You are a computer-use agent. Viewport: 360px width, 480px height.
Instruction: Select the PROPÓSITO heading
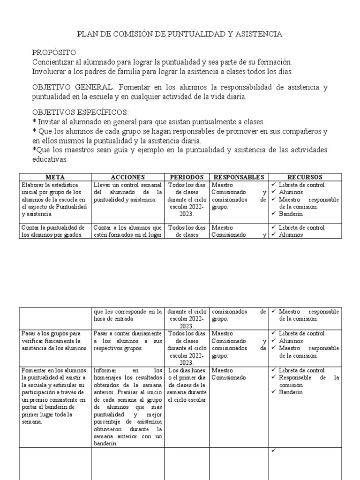tap(53, 52)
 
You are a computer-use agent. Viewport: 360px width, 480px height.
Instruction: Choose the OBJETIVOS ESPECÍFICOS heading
tap(80, 112)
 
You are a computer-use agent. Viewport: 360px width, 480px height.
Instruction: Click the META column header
tap(55, 177)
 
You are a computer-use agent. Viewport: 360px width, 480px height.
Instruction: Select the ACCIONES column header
tap(128, 177)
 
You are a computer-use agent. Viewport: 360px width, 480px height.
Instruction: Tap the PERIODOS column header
tap(187, 177)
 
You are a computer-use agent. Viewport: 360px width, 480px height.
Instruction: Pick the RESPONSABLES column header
tap(239, 177)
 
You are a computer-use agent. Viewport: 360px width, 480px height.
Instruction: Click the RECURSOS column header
tap(305, 177)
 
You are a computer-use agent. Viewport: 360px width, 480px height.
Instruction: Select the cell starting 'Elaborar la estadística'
tap(54, 199)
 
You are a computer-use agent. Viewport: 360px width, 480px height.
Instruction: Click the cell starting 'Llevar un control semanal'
tap(127, 192)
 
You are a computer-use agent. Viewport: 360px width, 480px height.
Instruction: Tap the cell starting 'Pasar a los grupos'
tap(54, 341)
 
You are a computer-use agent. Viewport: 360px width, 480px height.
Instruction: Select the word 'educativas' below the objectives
tap(50, 159)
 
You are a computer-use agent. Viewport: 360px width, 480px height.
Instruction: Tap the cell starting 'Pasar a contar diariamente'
tap(127, 341)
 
